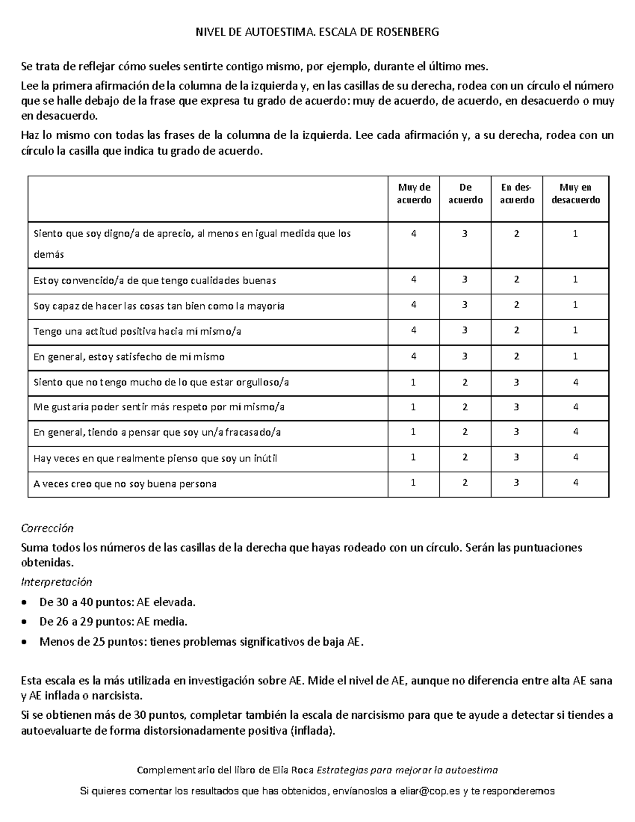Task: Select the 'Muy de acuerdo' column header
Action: [x=414, y=194]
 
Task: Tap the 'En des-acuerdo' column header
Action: [x=517, y=194]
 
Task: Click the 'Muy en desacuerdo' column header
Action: [x=576, y=194]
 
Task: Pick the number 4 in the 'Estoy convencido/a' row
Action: [x=414, y=279]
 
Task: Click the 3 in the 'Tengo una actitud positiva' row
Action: [x=465, y=330]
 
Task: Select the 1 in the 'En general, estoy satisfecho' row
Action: [x=576, y=356]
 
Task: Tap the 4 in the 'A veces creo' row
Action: [x=576, y=483]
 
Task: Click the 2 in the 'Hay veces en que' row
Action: [x=465, y=457]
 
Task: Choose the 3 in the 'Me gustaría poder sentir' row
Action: [x=517, y=407]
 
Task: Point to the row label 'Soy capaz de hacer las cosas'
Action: [x=159, y=306]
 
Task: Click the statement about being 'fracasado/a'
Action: [x=157, y=432]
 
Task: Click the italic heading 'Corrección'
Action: [x=47, y=528]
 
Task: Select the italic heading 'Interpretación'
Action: [x=56, y=582]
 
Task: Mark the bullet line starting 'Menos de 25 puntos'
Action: [x=201, y=642]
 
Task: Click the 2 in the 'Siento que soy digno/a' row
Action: [x=517, y=233]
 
